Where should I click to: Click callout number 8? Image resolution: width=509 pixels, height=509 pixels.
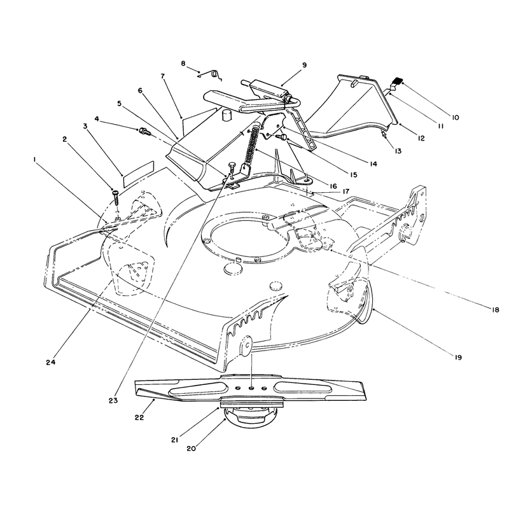pos(183,63)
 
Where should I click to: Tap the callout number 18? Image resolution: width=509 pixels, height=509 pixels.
pos(496,310)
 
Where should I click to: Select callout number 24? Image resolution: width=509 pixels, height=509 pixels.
pos(51,362)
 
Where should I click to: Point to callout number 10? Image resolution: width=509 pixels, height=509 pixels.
pos(456,117)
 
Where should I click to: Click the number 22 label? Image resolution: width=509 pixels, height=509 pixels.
pos(139,417)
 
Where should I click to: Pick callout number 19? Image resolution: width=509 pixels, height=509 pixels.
pos(458,358)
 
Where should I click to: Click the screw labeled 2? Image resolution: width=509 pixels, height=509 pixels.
pos(116,197)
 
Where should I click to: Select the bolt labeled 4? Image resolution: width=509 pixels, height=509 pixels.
pos(144,132)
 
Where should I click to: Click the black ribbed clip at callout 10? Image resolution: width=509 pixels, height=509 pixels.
pos(396,81)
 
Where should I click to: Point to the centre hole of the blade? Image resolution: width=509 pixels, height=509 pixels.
pos(251,388)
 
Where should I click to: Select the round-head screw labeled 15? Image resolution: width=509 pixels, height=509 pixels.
pos(282,137)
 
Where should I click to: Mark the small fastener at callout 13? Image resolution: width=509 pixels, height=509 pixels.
pos(384,134)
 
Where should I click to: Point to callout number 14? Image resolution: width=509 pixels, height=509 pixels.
pos(373,164)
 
